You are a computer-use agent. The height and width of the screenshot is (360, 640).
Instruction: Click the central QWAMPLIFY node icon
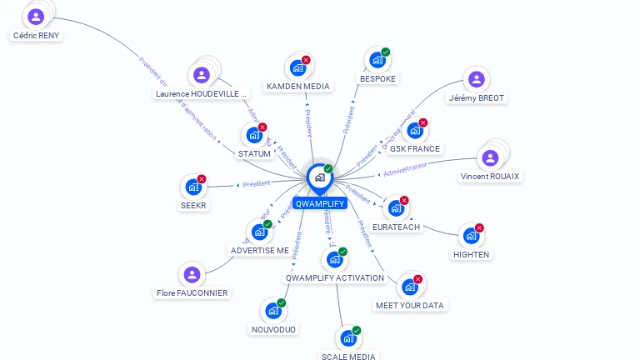pyautogui.click(x=319, y=177)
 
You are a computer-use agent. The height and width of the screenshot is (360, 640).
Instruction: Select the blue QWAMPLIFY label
pyautogui.click(x=319, y=203)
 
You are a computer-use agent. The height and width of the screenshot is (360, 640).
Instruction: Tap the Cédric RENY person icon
pyautogui.click(x=36, y=16)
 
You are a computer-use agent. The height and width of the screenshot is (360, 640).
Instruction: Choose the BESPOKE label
pyautogui.click(x=377, y=78)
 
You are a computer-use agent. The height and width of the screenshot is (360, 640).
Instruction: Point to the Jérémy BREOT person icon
pyautogui.click(x=476, y=80)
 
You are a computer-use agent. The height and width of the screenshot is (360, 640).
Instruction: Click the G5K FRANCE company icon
pyautogui.click(x=414, y=131)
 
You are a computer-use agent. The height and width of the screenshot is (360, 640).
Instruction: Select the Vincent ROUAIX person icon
pyautogui.click(x=490, y=157)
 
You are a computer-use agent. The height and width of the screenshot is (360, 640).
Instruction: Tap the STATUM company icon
pyautogui.click(x=253, y=135)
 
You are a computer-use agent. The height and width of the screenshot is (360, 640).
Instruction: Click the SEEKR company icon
pyautogui.click(x=193, y=187)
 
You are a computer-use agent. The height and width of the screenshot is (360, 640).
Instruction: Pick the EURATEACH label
pyautogui.click(x=396, y=227)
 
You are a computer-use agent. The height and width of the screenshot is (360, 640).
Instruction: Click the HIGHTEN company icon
pyautogui.click(x=471, y=236)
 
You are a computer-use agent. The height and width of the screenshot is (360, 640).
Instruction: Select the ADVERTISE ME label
pyautogui.click(x=260, y=250)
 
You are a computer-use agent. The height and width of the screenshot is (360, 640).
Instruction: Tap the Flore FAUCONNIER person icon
pyautogui.click(x=192, y=274)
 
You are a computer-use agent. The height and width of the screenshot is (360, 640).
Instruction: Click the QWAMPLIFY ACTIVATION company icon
pyautogui.click(x=334, y=259)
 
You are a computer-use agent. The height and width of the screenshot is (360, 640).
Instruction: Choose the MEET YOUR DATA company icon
pyautogui.click(x=409, y=287)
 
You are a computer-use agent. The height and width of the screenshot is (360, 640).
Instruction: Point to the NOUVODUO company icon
pyautogui.click(x=272, y=311)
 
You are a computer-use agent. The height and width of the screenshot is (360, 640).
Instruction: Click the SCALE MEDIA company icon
pyautogui.click(x=348, y=338)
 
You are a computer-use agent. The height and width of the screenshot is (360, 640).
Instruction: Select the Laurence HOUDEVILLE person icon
pyautogui.click(x=202, y=75)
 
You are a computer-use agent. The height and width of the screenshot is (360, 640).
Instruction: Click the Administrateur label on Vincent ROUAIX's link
pyautogui.click(x=405, y=170)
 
